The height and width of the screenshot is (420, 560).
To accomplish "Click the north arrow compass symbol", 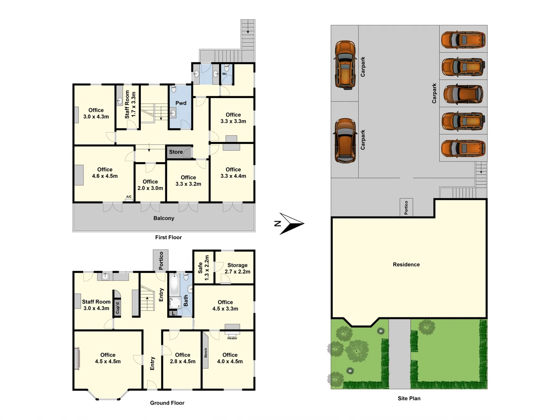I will click(291, 224).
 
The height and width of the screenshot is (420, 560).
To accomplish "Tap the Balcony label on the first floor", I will click(164, 218).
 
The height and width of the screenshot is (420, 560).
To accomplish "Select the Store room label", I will click(176, 152).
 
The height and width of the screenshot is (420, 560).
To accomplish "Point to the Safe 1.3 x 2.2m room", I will click(203, 268).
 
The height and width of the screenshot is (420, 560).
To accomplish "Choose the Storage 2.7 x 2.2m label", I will click(237, 268).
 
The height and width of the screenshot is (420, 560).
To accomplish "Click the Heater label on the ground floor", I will click(232, 338).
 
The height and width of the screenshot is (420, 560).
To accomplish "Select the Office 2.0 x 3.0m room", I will click(150, 185).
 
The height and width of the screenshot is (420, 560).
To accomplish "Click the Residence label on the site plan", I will click(406, 264).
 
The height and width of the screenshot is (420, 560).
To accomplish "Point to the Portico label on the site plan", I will click(406, 208).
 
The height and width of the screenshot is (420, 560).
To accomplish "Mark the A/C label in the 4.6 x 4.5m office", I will click(129, 197).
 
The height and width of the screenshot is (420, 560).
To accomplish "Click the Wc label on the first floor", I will click(224, 74).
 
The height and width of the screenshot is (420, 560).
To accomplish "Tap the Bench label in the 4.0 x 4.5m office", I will click(206, 353).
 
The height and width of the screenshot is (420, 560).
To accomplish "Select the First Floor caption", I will click(168, 237).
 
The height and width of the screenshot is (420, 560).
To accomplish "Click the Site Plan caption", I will click(409, 398).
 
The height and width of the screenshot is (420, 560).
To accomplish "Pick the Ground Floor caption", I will click(167, 403).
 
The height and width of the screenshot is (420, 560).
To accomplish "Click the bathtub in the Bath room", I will click(174, 285).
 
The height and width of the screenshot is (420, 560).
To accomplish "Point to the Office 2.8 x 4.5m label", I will click(182, 358).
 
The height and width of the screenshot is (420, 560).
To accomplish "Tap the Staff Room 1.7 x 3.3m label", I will click(130, 104).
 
